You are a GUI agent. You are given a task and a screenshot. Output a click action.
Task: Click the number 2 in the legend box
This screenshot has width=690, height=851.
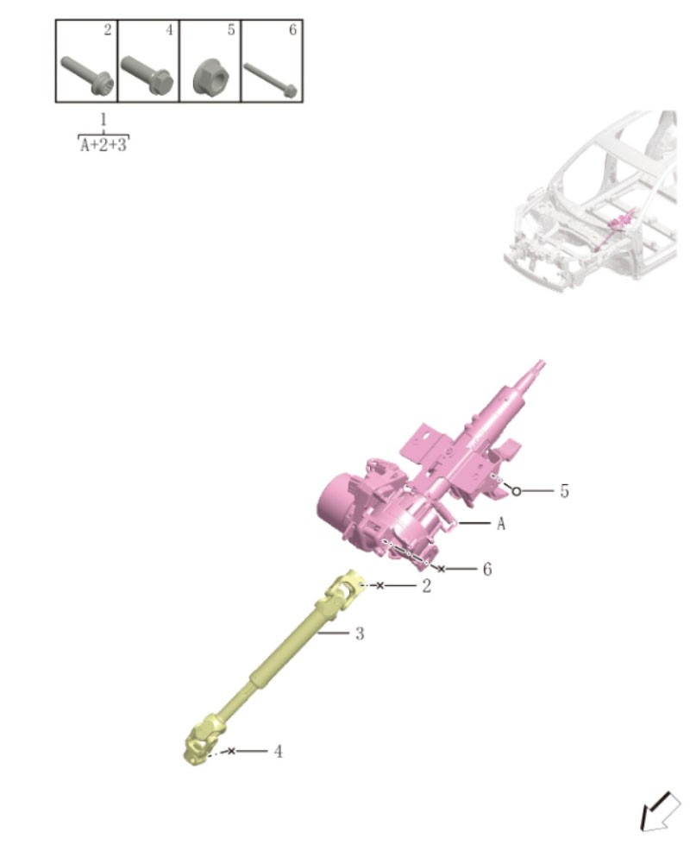(x=107, y=30)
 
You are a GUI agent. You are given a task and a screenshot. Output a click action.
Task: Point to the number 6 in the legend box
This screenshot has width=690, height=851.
(x=292, y=30)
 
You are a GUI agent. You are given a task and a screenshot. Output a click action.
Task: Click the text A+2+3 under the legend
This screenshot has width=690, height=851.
(x=103, y=145)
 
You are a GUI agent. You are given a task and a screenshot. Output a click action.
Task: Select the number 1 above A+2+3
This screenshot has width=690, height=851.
(x=103, y=119)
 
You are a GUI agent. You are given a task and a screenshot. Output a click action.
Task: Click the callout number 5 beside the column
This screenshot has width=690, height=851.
(x=564, y=491)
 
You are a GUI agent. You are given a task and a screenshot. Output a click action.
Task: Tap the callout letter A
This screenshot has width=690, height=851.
(x=500, y=523)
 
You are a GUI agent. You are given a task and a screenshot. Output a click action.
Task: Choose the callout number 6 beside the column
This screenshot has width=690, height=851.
(x=487, y=570)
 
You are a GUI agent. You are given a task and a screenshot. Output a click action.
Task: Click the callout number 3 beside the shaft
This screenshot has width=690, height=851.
(x=360, y=634)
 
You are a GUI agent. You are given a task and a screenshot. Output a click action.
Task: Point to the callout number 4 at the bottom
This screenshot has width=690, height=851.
(x=278, y=752)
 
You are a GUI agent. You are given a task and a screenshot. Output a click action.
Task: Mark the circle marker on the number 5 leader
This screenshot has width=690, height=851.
(x=517, y=491)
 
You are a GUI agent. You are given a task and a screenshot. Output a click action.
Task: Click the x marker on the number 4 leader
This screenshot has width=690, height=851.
(x=231, y=752)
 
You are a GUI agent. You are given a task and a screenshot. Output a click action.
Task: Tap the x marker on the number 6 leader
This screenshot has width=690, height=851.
(x=442, y=570)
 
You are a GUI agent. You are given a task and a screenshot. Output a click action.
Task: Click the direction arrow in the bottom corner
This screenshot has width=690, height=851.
(x=659, y=814)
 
